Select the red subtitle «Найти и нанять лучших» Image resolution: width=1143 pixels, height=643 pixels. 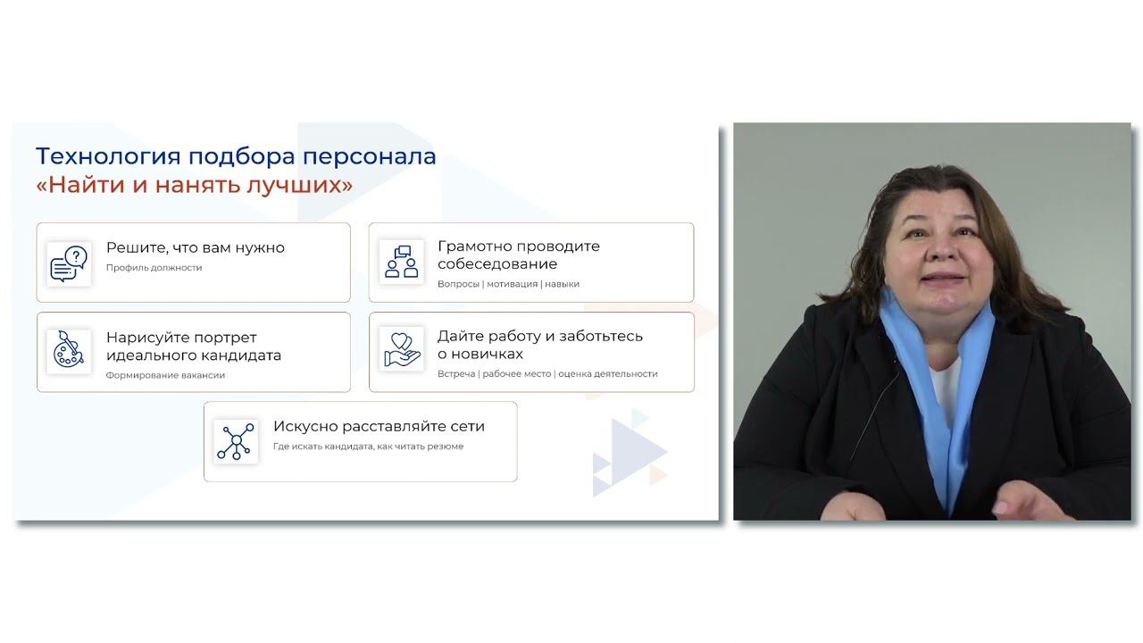pyautogui.click(x=194, y=185)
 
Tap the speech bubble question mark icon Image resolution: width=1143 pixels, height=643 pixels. pyautogui.click(x=69, y=264)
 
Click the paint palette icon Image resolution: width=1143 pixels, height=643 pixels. pyautogui.click(x=69, y=351)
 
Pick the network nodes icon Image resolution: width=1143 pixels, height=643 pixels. pyautogui.click(x=236, y=441)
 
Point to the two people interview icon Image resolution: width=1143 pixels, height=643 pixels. pyautogui.click(x=401, y=262)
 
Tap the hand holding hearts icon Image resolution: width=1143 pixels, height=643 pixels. pyautogui.click(x=401, y=348)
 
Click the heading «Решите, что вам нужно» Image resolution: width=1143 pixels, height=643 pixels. pyautogui.click(x=195, y=247)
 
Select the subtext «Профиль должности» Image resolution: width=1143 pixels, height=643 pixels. pyautogui.click(x=154, y=268)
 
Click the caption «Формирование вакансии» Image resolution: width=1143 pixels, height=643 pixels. pyautogui.click(x=165, y=375)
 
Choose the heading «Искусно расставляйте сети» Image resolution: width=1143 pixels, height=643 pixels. pyautogui.click(x=379, y=426)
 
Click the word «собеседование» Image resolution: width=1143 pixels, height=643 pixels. pyautogui.click(x=496, y=264)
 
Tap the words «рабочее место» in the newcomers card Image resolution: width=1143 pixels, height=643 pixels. pyautogui.click(x=517, y=374)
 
